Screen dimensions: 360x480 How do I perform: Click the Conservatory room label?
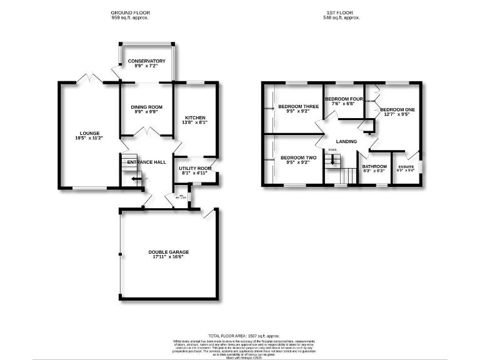click(146, 61)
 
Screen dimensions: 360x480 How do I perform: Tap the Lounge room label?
click(89, 132)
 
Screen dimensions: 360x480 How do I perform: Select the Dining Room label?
click(146, 107)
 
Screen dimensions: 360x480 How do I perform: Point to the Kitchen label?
click(195, 118)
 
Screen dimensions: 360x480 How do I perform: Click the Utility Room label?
click(195, 168)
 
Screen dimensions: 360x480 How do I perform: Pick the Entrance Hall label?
click(146, 162)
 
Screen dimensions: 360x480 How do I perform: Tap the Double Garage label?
click(169, 252)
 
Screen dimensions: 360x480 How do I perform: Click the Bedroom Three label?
click(298, 106)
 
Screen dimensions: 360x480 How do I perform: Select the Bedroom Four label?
click(344, 99)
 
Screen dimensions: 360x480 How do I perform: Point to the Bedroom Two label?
click(298, 157)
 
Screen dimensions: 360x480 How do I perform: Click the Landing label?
click(346, 141)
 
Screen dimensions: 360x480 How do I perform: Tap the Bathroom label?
click(375, 166)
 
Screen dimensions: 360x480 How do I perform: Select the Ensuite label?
click(406, 166)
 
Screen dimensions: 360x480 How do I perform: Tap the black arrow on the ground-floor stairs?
click(137, 179)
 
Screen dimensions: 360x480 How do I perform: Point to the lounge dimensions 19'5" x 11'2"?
click(89, 138)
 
